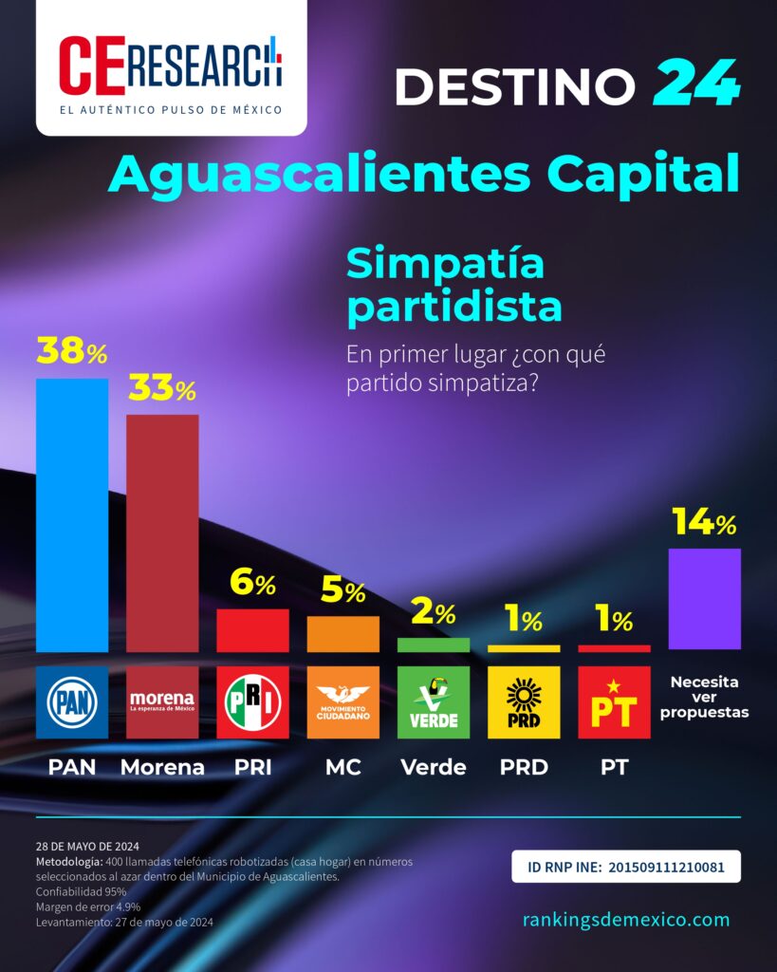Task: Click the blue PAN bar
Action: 72,515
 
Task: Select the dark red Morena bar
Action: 162,533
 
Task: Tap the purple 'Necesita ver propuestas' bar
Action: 705,599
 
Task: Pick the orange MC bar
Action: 343,634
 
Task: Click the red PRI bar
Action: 252,630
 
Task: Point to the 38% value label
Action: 72,351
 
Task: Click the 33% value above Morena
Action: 162,388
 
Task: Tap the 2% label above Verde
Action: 434,612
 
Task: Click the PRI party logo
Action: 252,702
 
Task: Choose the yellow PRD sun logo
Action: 525,702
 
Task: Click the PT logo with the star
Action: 614,702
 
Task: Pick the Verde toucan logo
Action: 434,702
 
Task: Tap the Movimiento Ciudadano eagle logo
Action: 343,702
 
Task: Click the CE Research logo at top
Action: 171,67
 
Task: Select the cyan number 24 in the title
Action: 695,83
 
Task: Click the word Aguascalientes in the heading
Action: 320,175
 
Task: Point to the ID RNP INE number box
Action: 626,867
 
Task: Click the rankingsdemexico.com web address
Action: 626,919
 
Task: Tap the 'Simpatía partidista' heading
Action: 454,285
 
